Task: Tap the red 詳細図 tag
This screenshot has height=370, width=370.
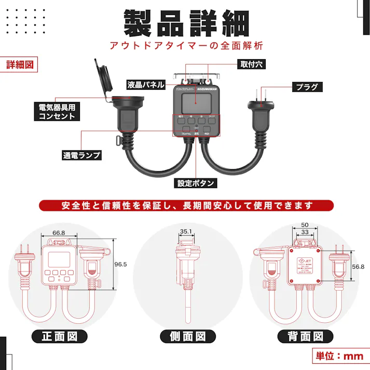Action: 20,65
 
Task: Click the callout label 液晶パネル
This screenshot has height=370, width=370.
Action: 146,85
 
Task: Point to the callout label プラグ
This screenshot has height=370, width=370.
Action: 307,87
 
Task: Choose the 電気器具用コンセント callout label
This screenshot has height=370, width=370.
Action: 57,112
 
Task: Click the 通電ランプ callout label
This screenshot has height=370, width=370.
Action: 81,155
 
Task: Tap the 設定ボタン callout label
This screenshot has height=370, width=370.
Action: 196,183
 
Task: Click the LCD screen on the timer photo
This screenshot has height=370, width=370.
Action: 195,104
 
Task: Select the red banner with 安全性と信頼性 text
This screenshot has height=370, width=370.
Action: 185,205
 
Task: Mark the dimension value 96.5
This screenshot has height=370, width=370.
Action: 120,264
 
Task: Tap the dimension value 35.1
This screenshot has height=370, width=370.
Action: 186,232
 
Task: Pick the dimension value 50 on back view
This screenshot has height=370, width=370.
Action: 304,225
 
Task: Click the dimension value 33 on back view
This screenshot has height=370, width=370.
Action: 304,232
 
